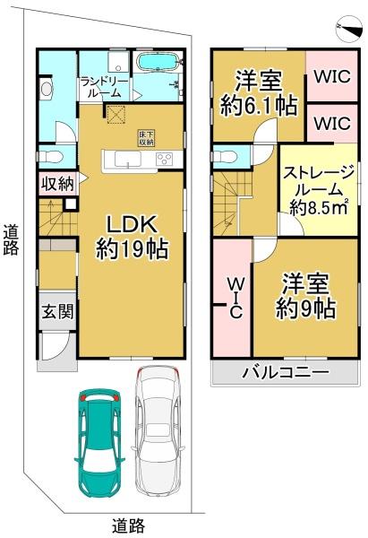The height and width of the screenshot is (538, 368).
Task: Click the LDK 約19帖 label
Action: click(x=133, y=236)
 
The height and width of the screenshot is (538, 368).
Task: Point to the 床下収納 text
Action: click(x=145, y=138)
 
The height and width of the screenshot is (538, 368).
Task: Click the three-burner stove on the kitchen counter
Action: click(x=165, y=160)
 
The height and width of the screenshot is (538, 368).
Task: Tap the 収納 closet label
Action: click(x=56, y=185)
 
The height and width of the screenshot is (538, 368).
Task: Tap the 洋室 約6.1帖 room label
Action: click(x=259, y=92)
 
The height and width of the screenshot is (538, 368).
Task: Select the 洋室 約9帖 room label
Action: click(x=305, y=297)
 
